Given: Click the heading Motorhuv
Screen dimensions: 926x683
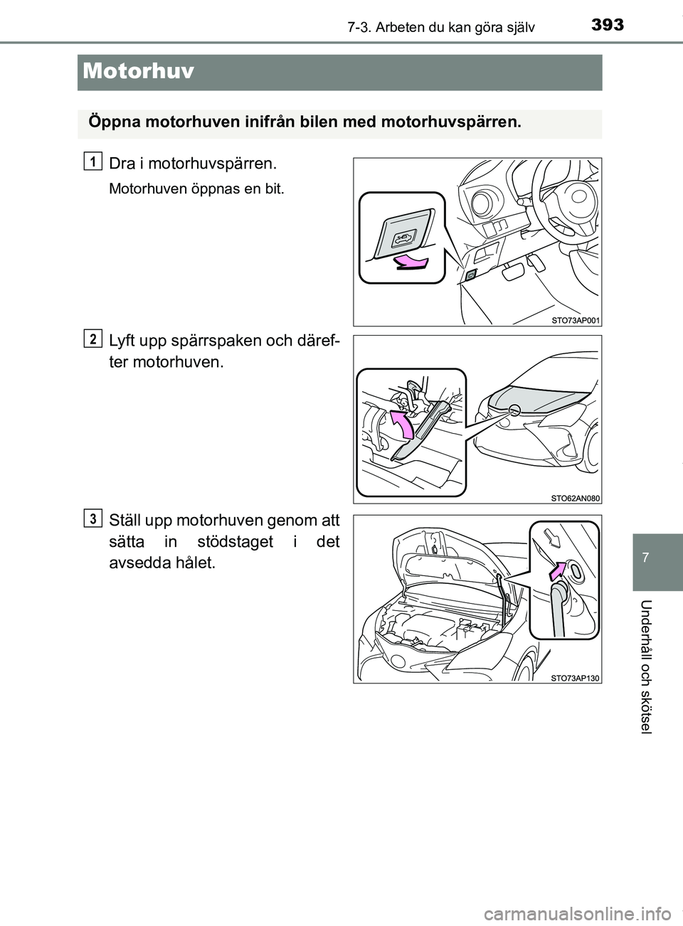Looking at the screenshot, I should [x=139, y=71].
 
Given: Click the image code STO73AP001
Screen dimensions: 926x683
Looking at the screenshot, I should [x=575, y=320].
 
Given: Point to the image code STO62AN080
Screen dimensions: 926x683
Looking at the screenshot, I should [x=575, y=498].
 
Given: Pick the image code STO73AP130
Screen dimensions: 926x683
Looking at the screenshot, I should [x=575, y=677].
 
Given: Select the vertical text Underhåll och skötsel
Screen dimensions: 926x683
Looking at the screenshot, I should [x=657, y=666].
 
